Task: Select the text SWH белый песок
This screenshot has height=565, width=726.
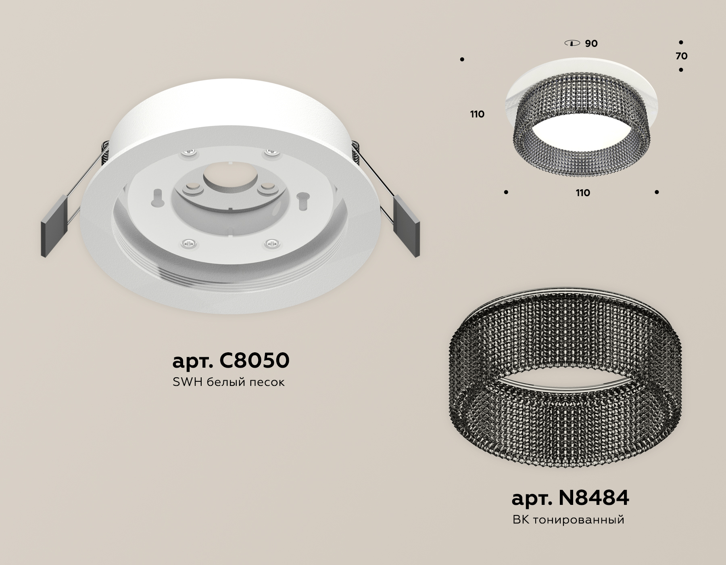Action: [x=228, y=382]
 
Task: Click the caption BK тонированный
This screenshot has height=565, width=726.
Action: [x=568, y=519]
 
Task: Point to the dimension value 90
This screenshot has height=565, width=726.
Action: [x=591, y=44]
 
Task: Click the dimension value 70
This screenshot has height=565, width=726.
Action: [x=681, y=56]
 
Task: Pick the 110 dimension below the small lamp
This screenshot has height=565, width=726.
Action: [x=582, y=193]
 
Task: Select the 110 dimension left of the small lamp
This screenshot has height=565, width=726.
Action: [x=477, y=114]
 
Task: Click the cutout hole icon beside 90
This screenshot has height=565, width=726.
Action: [x=572, y=43]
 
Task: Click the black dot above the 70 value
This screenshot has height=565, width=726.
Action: [x=681, y=42]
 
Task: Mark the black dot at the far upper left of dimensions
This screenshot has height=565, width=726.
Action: [x=462, y=60]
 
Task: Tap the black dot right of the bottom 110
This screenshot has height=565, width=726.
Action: [x=657, y=193]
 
